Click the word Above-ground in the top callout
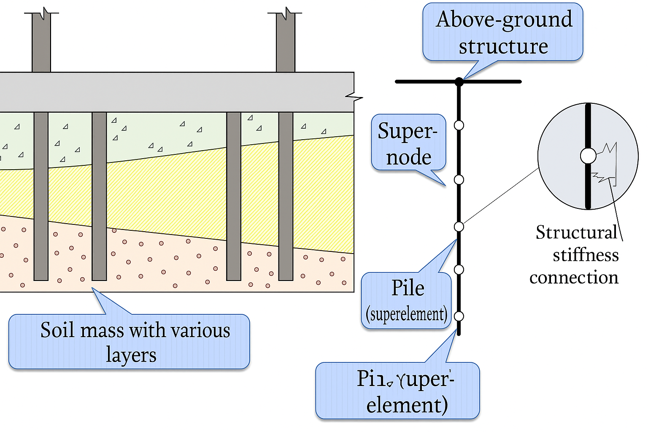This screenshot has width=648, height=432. point(504,20)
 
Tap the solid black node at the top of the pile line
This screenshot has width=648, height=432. point(459,82)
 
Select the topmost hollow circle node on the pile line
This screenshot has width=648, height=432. point(459,125)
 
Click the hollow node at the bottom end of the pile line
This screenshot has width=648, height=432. point(459,316)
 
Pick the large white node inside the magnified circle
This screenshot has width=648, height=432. point(588,156)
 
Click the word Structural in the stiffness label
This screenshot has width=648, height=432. point(577,232)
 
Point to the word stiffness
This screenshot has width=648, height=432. point(586,255)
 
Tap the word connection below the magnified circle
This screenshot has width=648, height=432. point(574,278)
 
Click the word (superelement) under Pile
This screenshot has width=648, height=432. point(407,314)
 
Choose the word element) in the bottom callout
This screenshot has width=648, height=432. point(407,405)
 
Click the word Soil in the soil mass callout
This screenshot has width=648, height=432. point(57,330)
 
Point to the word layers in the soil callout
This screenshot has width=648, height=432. point(131,355)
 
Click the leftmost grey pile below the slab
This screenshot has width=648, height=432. point(41,196)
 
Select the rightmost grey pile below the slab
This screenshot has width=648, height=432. point(286,196)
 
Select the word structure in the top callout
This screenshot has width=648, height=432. point(503,46)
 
